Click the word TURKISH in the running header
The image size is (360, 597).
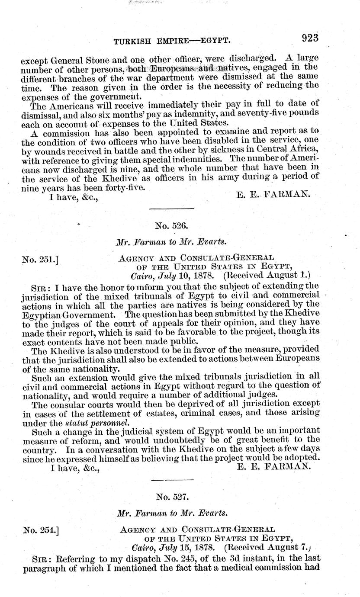click(x=131, y=41)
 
